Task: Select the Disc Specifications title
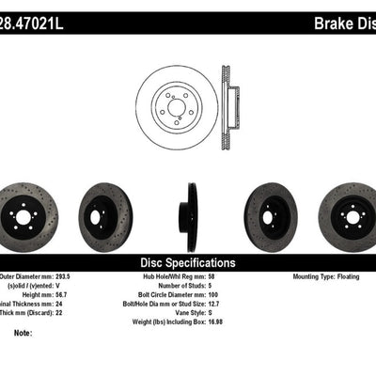(x=187, y=262)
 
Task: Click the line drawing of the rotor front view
(x=176, y=101)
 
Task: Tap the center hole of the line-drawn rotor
(x=176, y=101)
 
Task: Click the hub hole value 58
(x=234, y=278)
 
